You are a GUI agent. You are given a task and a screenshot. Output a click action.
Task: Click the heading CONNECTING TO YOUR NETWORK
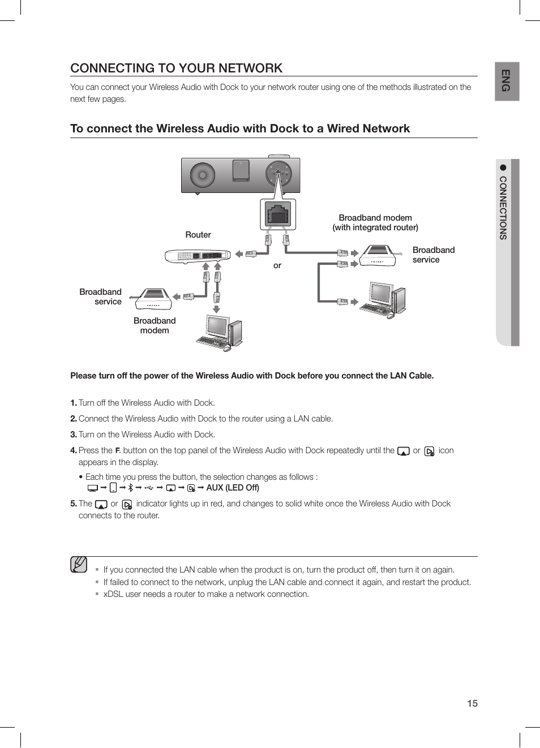[x=176, y=68]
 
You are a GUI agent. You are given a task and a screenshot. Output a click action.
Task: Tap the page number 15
[x=472, y=703]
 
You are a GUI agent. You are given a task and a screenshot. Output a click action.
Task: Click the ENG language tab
[x=506, y=81]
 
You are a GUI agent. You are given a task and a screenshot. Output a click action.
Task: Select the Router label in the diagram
[x=198, y=235]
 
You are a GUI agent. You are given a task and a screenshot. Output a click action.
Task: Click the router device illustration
[x=198, y=256]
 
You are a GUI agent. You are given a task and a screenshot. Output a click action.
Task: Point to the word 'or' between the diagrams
[x=277, y=265]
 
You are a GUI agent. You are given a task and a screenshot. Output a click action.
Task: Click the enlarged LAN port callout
[x=278, y=214]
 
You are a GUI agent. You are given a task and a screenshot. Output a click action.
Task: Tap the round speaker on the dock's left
[x=202, y=175]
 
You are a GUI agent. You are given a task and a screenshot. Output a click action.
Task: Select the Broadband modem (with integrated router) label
[x=375, y=222]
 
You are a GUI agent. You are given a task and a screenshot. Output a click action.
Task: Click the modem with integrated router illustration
[x=378, y=256]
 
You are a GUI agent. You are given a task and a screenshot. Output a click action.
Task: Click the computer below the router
[x=221, y=333]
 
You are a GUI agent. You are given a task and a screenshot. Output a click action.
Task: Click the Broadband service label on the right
[x=433, y=255]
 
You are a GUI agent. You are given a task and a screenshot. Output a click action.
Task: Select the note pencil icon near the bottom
[x=79, y=564]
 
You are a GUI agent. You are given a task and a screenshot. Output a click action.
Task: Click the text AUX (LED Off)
[x=233, y=488]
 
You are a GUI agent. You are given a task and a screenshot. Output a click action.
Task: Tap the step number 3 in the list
[x=73, y=435]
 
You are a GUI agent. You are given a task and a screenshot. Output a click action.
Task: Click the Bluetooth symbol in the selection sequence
[x=131, y=488]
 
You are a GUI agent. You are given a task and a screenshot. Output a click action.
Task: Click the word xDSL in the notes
[x=113, y=594]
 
